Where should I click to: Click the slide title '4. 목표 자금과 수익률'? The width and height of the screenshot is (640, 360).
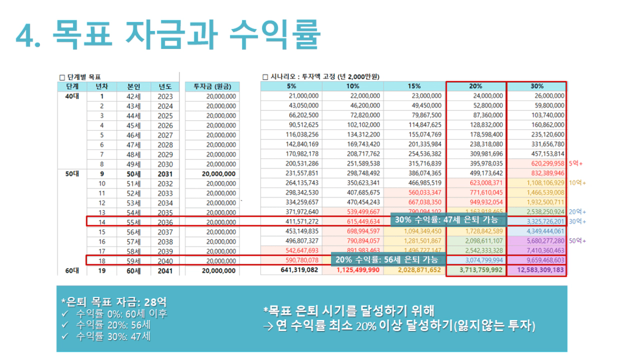(x=168, y=35)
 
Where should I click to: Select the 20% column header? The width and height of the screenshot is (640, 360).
(x=476, y=86)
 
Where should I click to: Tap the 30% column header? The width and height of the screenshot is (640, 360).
(x=537, y=86)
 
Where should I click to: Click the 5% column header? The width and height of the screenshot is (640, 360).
(x=292, y=86)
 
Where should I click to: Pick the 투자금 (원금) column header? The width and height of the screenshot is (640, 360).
(x=212, y=86)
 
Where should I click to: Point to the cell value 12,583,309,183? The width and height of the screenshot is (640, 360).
(x=537, y=271)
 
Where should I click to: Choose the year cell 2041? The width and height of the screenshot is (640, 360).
(x=165, y=271)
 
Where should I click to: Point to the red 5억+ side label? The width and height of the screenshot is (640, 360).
(x=576, y=164)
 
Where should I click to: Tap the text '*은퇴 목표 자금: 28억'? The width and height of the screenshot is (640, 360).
(x=114, y=303)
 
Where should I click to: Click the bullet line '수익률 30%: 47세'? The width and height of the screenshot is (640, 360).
(x=113, y=336)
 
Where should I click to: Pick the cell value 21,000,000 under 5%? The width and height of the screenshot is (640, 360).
(x=297, y=96)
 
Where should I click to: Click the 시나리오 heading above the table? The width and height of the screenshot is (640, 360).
(x=321, y=77)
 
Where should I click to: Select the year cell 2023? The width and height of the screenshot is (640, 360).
(x=165, y=96)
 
